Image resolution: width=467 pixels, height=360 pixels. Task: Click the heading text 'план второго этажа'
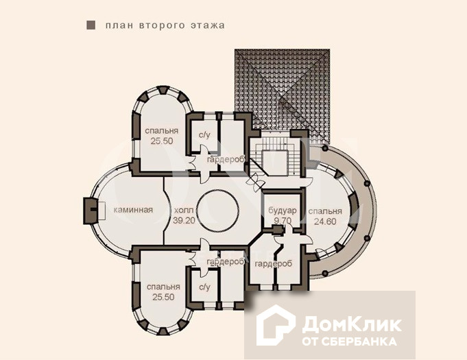pos(165,25)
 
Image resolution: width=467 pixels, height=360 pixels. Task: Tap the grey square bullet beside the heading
pos(91,25)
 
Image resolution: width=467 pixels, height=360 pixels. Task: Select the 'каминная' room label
pos(133,210)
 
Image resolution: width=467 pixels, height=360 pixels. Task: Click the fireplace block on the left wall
pos(91,211)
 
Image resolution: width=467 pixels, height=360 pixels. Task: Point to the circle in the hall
pos(217,211)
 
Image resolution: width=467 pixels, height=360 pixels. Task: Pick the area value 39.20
pos(184,220)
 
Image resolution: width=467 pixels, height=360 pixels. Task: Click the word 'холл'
pos(184,211)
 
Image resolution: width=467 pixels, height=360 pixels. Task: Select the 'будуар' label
pos(283,211)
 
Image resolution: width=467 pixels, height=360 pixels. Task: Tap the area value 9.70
pos(283,221)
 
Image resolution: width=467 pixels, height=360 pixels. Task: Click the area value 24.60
pos(325,221)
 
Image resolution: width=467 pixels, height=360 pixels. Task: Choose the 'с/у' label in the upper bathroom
pos(204,135)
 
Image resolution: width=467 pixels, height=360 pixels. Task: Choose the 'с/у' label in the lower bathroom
pos(204,287)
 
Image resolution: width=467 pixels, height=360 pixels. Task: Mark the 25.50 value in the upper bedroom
pos(162,141)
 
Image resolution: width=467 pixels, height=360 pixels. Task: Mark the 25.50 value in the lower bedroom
pos(163,297)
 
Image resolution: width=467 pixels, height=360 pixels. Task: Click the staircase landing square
pos(275,163)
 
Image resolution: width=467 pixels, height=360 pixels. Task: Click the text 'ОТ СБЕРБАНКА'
pos(349,341)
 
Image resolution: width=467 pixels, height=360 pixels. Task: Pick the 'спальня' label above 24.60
pos(325,211)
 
